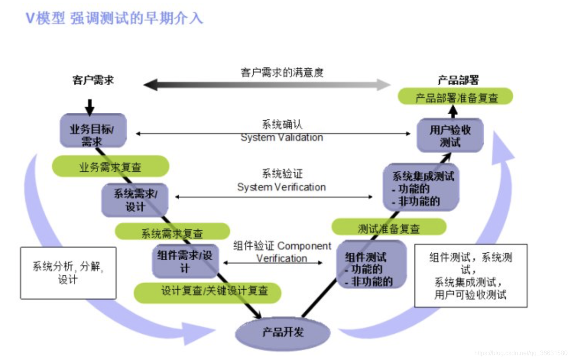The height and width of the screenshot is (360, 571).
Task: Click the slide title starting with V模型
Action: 114,18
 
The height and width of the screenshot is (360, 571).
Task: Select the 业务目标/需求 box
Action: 92,131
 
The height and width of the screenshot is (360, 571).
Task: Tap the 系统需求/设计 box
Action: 135,200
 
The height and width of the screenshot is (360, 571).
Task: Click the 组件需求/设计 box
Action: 185,261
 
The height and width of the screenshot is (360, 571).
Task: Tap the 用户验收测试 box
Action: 450,136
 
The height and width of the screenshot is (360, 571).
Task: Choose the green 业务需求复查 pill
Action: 110,167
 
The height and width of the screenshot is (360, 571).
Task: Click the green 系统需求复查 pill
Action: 172,232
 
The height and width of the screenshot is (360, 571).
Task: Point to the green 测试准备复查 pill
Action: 389,228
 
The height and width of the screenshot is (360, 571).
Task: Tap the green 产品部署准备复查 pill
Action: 456,97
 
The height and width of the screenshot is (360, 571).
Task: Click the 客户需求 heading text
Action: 93,80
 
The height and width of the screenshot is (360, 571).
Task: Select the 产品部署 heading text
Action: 458,80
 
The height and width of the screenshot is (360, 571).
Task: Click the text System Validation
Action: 282,138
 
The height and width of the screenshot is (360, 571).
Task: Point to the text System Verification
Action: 281,187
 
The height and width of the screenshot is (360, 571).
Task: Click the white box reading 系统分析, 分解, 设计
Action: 68,272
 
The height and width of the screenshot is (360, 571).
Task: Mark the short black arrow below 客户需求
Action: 89,107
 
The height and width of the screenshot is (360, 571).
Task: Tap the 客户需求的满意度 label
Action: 282,72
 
